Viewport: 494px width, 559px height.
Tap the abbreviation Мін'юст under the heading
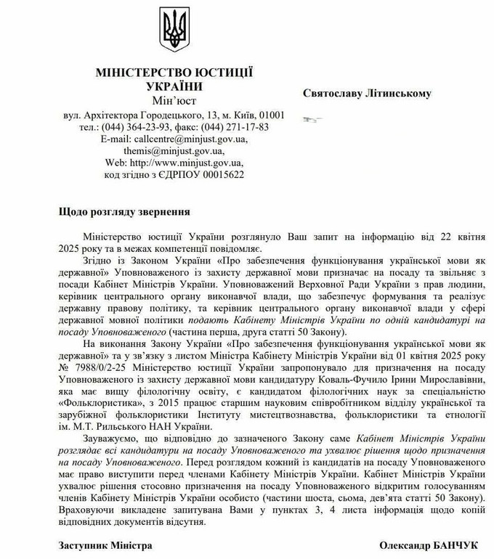pos(174,99)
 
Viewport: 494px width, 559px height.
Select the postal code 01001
pos(270,115)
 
